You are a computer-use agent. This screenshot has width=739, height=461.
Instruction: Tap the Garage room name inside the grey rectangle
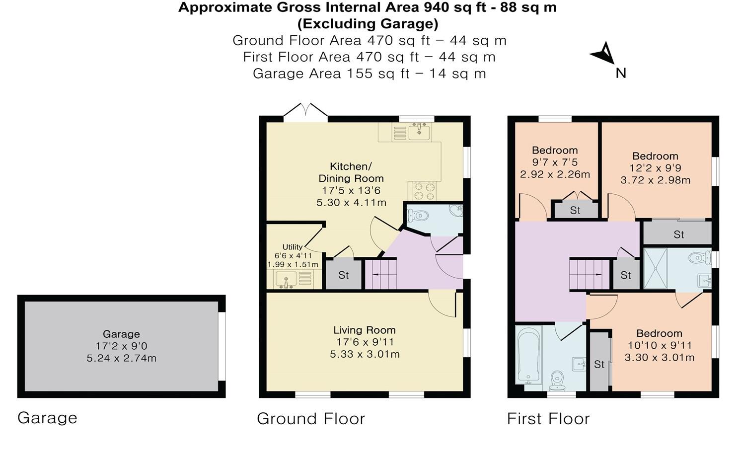[x=121, y=334]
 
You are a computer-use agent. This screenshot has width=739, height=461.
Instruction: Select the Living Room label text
[x=364, y=330]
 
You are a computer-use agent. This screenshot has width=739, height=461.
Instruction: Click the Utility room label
[x=292, y=247]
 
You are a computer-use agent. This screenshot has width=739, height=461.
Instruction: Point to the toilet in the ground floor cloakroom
[x=418, y=216]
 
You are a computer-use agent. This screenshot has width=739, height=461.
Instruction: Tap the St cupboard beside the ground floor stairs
[x=343, y=275]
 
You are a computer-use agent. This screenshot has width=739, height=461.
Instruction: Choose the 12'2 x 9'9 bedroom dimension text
[x=656, y=168]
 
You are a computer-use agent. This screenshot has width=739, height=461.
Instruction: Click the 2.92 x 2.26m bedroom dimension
[x=555, y=174]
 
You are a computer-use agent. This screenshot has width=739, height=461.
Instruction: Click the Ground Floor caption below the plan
[x=311, y=419]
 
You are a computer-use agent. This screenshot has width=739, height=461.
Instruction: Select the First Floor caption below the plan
[x=548, y=419]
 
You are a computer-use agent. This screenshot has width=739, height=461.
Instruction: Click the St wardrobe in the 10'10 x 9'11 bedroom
[x=600, y=364]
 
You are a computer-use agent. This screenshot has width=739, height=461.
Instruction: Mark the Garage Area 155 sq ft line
[x=369, y=74]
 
